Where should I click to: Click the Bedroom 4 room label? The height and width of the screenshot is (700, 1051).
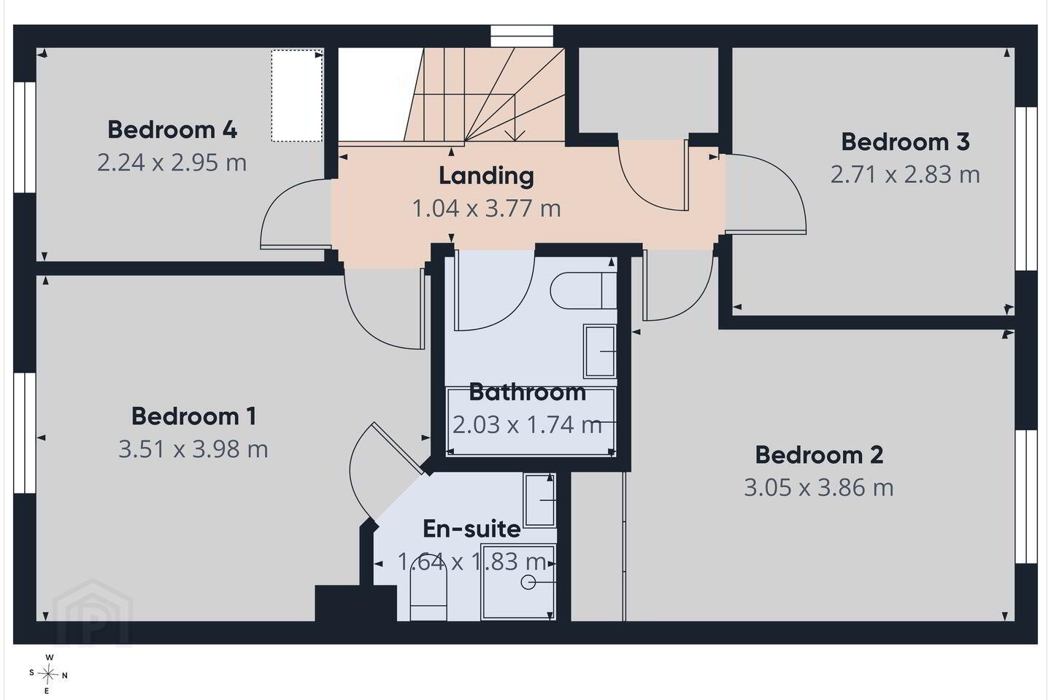click(172, 130)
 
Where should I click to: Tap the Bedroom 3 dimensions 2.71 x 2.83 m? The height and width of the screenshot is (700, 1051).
click(905, 174)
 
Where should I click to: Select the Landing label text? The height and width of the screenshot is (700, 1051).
click(487, 176)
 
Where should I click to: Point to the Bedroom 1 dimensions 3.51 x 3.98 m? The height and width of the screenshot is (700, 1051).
click(193, 449)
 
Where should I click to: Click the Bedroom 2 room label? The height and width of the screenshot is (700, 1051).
click(819, 455)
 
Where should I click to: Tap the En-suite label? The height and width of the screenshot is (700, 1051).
click(471, 529)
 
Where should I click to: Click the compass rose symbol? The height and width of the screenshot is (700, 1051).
click(48, 674)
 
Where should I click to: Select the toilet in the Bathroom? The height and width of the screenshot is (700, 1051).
click(583, 290)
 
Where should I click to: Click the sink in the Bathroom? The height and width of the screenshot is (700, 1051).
click(600, 351)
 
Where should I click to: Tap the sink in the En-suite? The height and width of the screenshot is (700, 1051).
click(539, 500)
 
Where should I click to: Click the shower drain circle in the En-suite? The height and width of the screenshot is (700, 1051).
click(528, 583)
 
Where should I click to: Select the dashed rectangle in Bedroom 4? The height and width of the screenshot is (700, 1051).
click(297, 96)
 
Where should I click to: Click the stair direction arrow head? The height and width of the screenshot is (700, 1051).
click(515, 136)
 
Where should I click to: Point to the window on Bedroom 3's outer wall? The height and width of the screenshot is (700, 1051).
click(1026, 189)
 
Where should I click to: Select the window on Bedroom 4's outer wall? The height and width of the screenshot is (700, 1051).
click(24, 137)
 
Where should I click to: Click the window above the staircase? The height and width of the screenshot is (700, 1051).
click(522, 36)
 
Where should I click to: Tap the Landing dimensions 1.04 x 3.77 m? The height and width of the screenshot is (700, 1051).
click(487, 209)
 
